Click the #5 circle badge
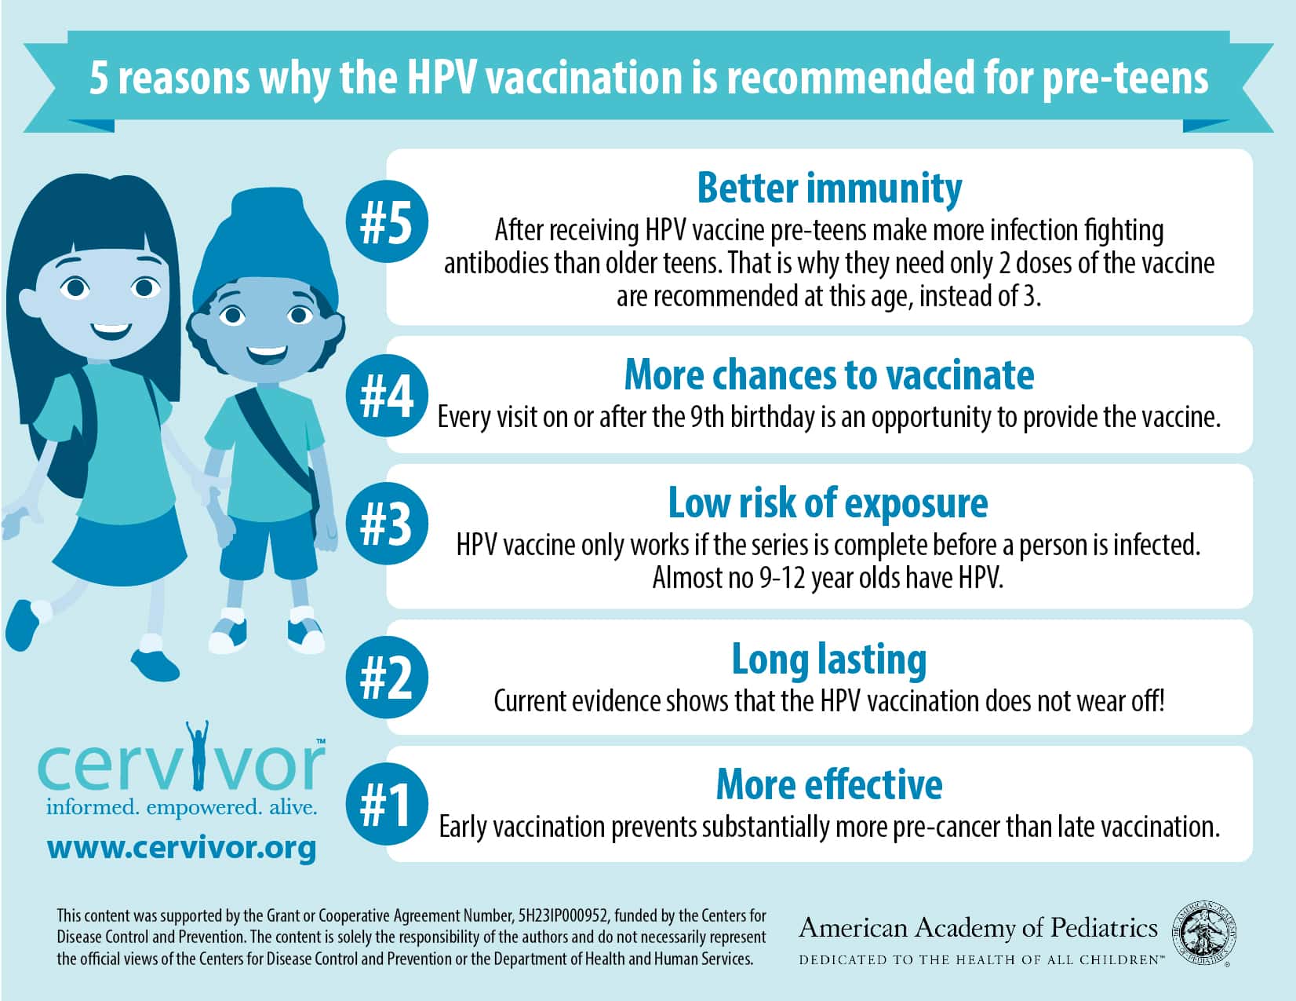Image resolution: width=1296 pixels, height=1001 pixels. [x=387, y=221]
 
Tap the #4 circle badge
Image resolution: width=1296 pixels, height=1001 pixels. [x=387, y=395]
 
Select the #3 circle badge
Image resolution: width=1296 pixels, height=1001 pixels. [x=387, y=524]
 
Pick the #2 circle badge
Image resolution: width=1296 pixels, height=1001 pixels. [x=387, y=676]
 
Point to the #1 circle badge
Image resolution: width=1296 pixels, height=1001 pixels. [x=387, y=803]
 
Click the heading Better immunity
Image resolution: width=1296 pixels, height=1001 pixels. [x=829, y=188]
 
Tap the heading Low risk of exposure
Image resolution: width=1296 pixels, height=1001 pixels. [x=828, y=504]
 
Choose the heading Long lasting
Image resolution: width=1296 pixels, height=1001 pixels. [x=829, y=660]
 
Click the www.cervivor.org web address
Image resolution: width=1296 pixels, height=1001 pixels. [x=181, y=848]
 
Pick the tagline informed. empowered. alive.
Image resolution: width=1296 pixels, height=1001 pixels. [x=181, y=808]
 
